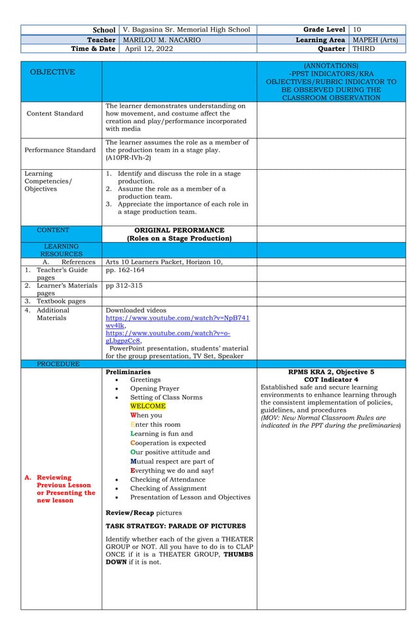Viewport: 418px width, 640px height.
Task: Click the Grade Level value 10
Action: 357,30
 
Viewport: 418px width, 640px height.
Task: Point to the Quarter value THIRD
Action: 364,49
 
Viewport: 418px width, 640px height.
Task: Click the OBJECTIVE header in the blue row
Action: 52,71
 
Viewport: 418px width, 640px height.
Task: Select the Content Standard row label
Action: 55,113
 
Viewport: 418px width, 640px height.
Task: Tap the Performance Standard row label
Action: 60,150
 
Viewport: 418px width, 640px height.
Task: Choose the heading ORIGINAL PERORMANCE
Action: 179,230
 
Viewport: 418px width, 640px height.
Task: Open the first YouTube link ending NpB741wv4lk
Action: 177,321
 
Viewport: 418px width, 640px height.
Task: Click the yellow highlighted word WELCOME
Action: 147,406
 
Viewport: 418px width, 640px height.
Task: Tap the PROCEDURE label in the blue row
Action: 58,364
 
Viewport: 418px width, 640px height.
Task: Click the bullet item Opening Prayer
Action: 154,388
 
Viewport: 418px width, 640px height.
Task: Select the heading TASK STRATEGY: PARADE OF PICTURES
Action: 176,526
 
